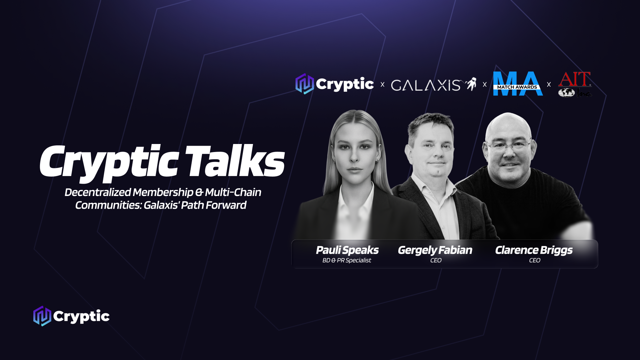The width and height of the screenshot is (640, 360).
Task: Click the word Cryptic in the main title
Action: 109,163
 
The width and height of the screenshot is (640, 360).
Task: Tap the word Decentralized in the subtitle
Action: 98,192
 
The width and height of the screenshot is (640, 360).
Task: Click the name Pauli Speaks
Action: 347,250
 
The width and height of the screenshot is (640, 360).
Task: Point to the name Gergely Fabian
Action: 435,250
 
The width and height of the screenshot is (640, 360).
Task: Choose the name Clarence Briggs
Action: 534,250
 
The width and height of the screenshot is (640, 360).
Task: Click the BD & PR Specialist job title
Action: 347,260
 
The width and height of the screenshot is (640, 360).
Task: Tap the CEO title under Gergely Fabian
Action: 436,260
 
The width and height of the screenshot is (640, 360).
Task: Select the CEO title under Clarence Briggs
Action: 535,260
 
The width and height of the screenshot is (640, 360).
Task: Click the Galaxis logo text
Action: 426,85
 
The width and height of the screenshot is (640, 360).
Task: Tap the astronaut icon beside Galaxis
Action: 471,84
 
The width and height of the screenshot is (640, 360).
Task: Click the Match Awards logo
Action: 518,84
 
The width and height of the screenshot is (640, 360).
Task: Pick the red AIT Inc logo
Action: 575,84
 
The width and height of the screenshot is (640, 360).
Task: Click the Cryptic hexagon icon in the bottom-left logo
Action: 42,316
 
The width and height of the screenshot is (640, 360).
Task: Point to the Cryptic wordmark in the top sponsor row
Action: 345,84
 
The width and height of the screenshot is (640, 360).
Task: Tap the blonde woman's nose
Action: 355,156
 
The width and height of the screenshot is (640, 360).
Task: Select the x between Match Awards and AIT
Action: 549,85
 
